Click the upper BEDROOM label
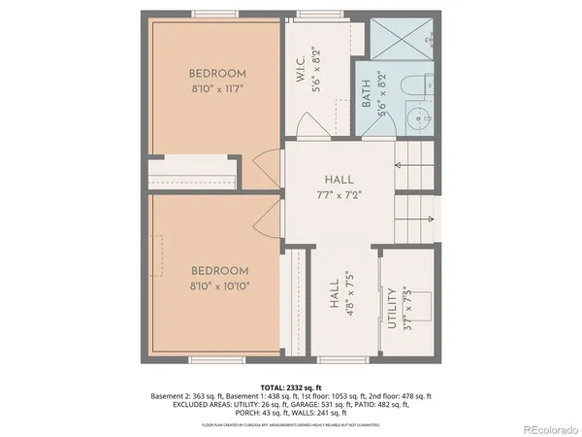(218, 73)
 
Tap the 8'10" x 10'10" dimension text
(218, 286)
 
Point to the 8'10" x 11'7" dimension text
(218, 88)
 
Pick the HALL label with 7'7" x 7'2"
(339, 180)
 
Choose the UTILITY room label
(392, 310)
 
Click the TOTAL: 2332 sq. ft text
(290, 387)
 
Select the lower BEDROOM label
(218, 271)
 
